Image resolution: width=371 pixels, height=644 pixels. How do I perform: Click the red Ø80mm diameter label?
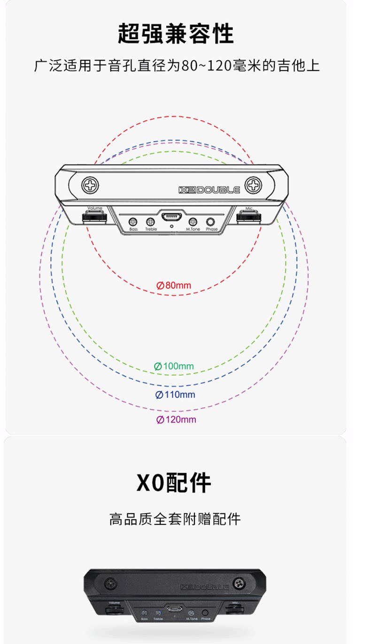(x=174, y=285)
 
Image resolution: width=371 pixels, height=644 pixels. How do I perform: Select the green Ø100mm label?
(x=174, y=366)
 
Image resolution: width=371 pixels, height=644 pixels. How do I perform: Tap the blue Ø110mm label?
(x=175, y=394)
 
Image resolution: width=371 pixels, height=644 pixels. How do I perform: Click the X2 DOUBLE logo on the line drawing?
(x=209, y=190)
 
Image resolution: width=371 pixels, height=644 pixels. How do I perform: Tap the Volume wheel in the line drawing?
(x=94, y=217)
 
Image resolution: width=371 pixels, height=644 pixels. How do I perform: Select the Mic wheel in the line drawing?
(x=248, y=216)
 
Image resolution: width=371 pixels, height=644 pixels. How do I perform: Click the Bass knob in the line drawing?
(x=133, y=221)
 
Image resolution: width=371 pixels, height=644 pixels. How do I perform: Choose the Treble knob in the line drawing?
(x=150, y=221)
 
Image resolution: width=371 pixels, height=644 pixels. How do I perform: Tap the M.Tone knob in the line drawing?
(x=193, y=221)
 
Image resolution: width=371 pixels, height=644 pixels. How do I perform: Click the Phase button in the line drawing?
(x=211, y=221)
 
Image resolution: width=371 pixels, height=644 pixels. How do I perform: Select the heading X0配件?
(x=174, y=482)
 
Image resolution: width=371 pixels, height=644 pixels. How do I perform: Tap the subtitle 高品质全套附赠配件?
(x=175, y=519)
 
